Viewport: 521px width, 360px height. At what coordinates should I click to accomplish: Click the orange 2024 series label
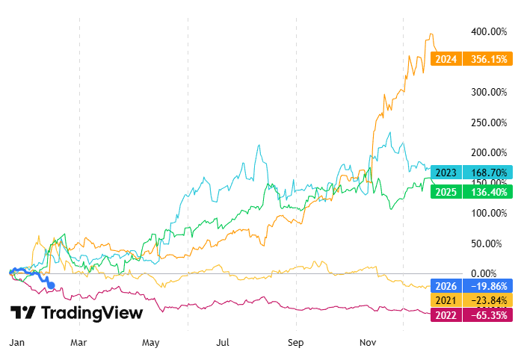point(447,58)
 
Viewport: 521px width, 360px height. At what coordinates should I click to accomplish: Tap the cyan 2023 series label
point(447,171)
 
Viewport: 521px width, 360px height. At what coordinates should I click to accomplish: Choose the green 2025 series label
point(447,191)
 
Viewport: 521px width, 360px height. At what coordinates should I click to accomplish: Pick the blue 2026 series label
point(447,285)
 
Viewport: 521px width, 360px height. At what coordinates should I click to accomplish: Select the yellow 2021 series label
point(447,300)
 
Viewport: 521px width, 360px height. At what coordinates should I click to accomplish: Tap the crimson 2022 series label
point(447,315)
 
